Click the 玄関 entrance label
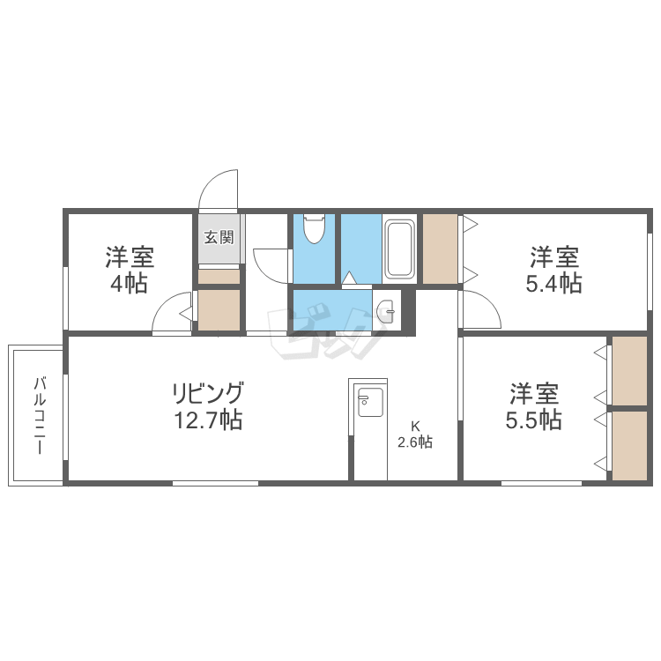pyautogui.click(x=219, y=237)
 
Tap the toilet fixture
pyautogui.click(x=314, y=228)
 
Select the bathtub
pyautogui.click(x=399, y=249)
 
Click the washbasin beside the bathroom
pyautogui.click(x=385, y=311)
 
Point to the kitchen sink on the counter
pyautogui.click(x=370, y=401)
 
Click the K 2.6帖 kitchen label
pyautogui.click(x=415, y=434)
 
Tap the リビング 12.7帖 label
pyautogui.click(x=208, y=405)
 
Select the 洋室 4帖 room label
pyautogui.click(x=130, y=270)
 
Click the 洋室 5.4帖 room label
pyautogui.click(x=554, y=270)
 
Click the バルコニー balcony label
pyautogui.click(x=39, y=416)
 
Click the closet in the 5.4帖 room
pyautogui.click(x=440, y=249)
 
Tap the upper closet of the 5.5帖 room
pyautogui.click(x=629, y=371)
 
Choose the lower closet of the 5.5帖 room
pyautogui.click(x=629, y=446)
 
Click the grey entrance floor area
pyautogui.click(x=219, y=239)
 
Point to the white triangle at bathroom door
pyautogui.click(x=349, y=278)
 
